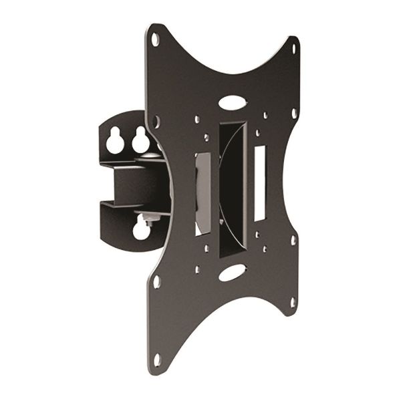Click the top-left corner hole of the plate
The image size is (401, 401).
pyautogui.click(x=155, y=39)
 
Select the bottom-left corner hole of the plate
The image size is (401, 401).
pyautogui.click(x=158, y=358)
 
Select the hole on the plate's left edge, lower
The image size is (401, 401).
pyautogui.click(x=157, y=281)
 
